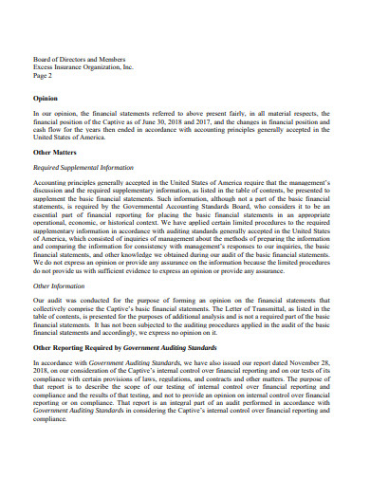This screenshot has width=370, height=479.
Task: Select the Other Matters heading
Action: pos(55,151)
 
